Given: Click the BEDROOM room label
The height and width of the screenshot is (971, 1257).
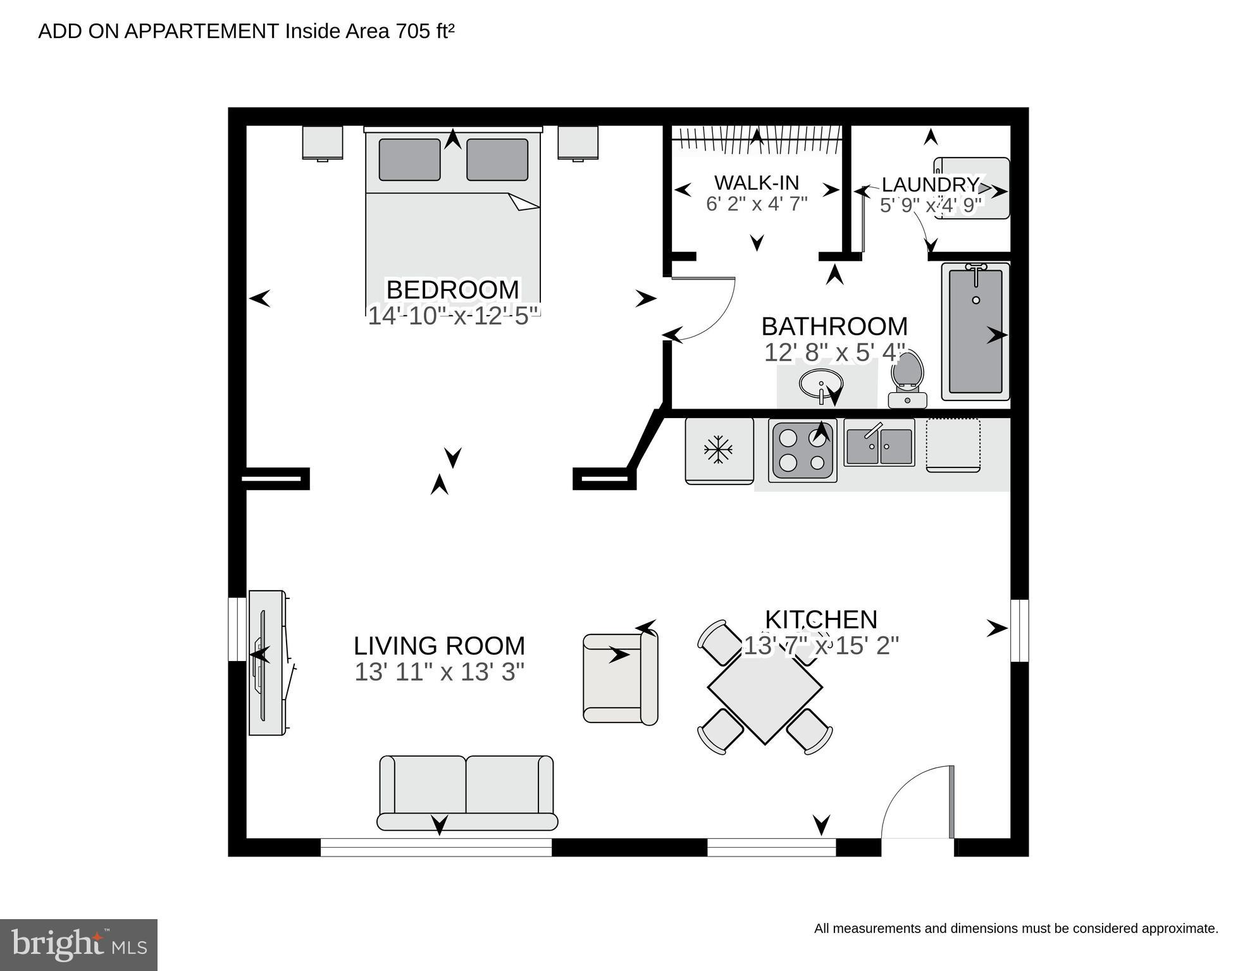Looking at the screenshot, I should [452, 290].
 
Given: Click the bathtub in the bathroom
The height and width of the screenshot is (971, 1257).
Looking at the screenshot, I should [975, 332].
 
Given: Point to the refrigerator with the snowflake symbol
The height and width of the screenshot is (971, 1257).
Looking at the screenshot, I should [719, 450].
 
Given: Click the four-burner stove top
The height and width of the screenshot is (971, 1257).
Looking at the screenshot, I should [802, 451].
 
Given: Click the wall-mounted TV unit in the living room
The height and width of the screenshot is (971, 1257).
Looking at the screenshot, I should [268, 662].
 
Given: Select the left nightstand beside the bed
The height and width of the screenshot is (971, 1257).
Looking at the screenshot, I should [323, 143].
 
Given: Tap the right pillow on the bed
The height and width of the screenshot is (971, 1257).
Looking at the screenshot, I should [497, 159].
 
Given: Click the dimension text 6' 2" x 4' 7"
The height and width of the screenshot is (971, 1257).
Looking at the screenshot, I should [757, 204].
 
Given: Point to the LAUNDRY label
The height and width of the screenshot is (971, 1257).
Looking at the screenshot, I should [929, 185].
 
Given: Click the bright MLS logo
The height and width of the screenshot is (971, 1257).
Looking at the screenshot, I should [78, 944].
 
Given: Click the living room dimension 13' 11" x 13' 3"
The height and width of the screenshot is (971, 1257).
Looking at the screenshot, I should [439, 672].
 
